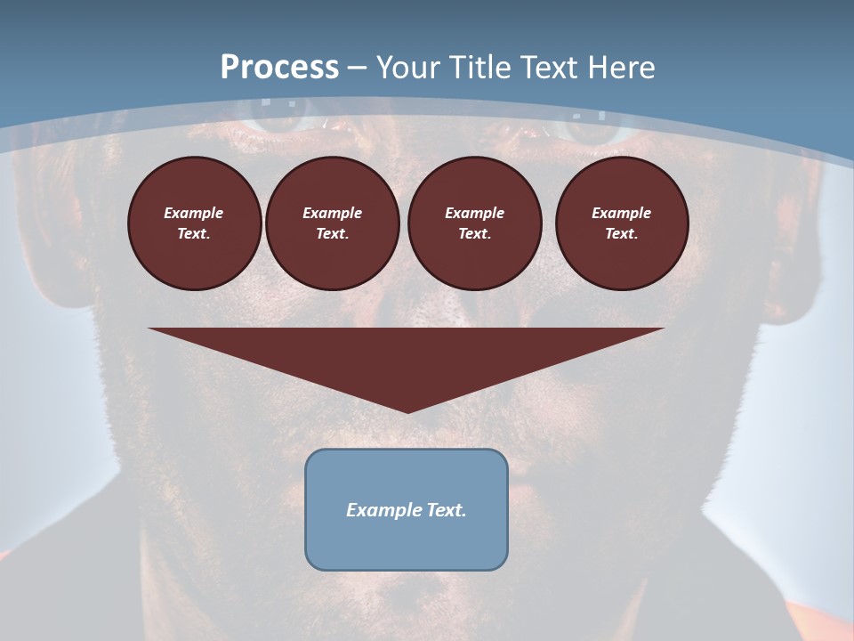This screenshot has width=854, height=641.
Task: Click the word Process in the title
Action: (x=279, y=67)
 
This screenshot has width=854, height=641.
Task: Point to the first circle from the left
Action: (x=195, y=223)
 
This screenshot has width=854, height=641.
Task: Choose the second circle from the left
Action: (x=333, y=223)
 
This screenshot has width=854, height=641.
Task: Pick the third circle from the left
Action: (x=475, y=223)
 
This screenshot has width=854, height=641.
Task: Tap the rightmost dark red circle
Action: (x=622, y=223)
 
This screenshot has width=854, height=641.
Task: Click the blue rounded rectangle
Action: (x=407, y=543)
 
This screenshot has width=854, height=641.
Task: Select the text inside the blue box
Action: (x=407, y=510)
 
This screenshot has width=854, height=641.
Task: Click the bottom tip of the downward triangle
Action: (x=407, y=411)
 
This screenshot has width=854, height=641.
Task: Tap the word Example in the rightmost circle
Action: (x=622, y=213)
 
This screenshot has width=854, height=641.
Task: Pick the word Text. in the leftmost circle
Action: (x=195, y=234)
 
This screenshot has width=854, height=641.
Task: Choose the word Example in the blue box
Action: (x=383, y=510)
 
